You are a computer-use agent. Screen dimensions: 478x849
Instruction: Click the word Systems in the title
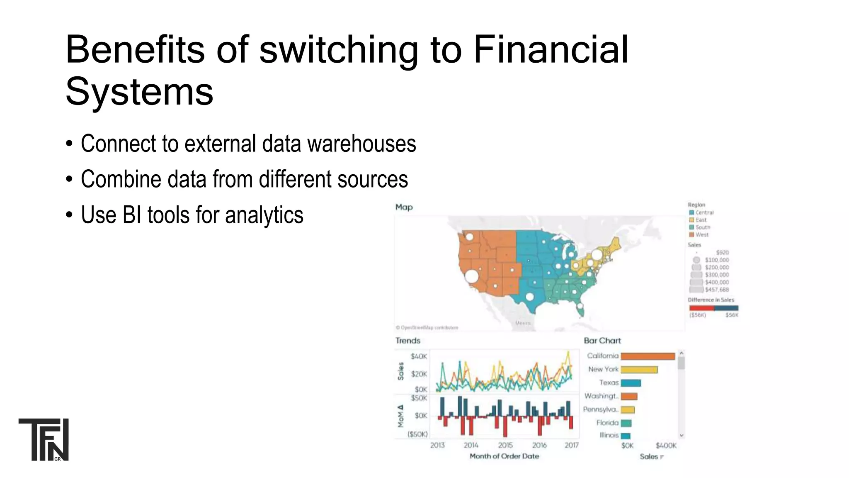[139, 92]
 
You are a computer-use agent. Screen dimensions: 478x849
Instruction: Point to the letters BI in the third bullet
[131, 215]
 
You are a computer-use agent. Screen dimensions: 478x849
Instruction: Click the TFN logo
[44, 439]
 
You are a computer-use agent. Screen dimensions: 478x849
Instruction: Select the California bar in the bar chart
[648, 356]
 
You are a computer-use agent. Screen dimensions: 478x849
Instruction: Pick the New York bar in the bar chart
[639, 370]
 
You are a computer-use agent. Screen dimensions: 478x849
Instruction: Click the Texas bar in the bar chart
[631, 383]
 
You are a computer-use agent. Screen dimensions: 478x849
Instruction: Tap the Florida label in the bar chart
[607, 423]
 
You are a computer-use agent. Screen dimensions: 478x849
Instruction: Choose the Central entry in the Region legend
[704, 212]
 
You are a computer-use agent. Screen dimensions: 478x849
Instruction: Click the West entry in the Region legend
[701, 235]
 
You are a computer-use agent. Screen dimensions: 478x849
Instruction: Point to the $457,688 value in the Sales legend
[717, 290]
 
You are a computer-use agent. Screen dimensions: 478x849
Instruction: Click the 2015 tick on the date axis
[505, 445]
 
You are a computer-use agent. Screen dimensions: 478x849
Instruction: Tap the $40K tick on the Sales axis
[419, 356]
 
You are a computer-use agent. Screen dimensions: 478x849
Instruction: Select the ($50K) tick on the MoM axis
[417, 434]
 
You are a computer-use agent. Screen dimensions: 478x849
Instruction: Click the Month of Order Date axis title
[504, 456]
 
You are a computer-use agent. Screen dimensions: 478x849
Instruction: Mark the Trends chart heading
[408, 341]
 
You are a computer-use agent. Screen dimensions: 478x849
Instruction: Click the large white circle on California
[471, 276]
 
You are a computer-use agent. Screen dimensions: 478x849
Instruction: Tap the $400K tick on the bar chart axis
[666, 446]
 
